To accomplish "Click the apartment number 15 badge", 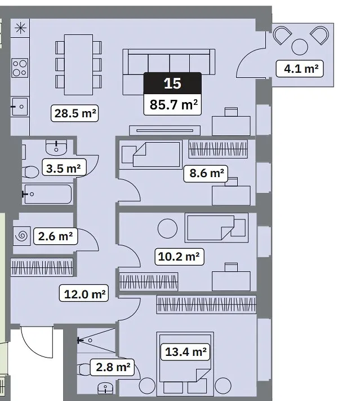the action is pos(172,83).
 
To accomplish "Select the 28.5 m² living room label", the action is pos(74,113).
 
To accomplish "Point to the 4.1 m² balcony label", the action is pos(300,69).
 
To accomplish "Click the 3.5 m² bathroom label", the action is pos(64,168).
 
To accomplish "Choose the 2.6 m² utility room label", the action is pos(55,236).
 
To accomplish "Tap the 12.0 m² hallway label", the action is pos(84,293).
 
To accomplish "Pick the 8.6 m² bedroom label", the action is pos(206,173).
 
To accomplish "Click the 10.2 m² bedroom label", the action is pos(179,257).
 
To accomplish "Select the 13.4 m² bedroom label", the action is pos(185,352).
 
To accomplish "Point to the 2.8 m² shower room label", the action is pos(112,367).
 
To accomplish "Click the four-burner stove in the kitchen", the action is pos(20,68).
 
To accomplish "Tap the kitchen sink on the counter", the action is pos(19,107).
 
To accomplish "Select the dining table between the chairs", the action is pos(78,65).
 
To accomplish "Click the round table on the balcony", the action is pos(300,47).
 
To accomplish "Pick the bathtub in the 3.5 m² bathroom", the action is pos(47,194).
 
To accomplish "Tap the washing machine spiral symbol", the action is pos(21,236).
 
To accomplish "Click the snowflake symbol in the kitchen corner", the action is pos(20,28).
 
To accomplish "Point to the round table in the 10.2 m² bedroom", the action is pos(167,228).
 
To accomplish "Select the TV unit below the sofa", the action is pos(165,130).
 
